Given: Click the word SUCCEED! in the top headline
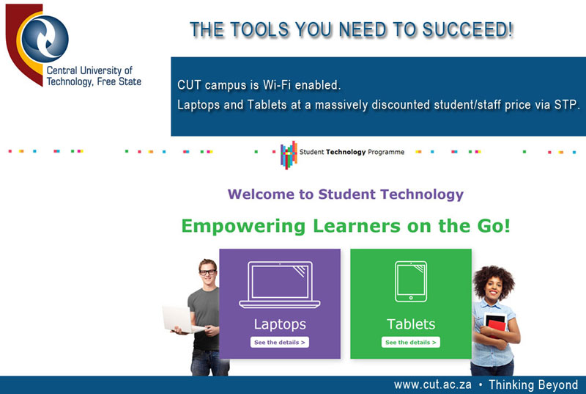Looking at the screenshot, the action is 467,30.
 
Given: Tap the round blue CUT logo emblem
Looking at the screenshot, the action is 45,39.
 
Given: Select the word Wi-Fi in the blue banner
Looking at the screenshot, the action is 277,85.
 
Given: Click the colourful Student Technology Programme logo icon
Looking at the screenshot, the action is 289,155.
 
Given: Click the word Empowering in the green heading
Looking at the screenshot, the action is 243,227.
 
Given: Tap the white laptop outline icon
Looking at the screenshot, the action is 280,285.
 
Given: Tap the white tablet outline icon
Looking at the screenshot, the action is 411,281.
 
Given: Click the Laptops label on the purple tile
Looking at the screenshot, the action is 280,324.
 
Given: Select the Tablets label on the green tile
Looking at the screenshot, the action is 411,324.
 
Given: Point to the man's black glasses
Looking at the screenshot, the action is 207,272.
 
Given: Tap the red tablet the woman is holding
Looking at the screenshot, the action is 496,324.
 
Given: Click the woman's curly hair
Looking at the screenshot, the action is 493,279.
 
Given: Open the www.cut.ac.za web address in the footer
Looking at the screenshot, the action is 432,384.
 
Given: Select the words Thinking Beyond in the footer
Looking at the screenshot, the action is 533,385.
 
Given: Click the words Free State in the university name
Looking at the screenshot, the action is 119,81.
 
